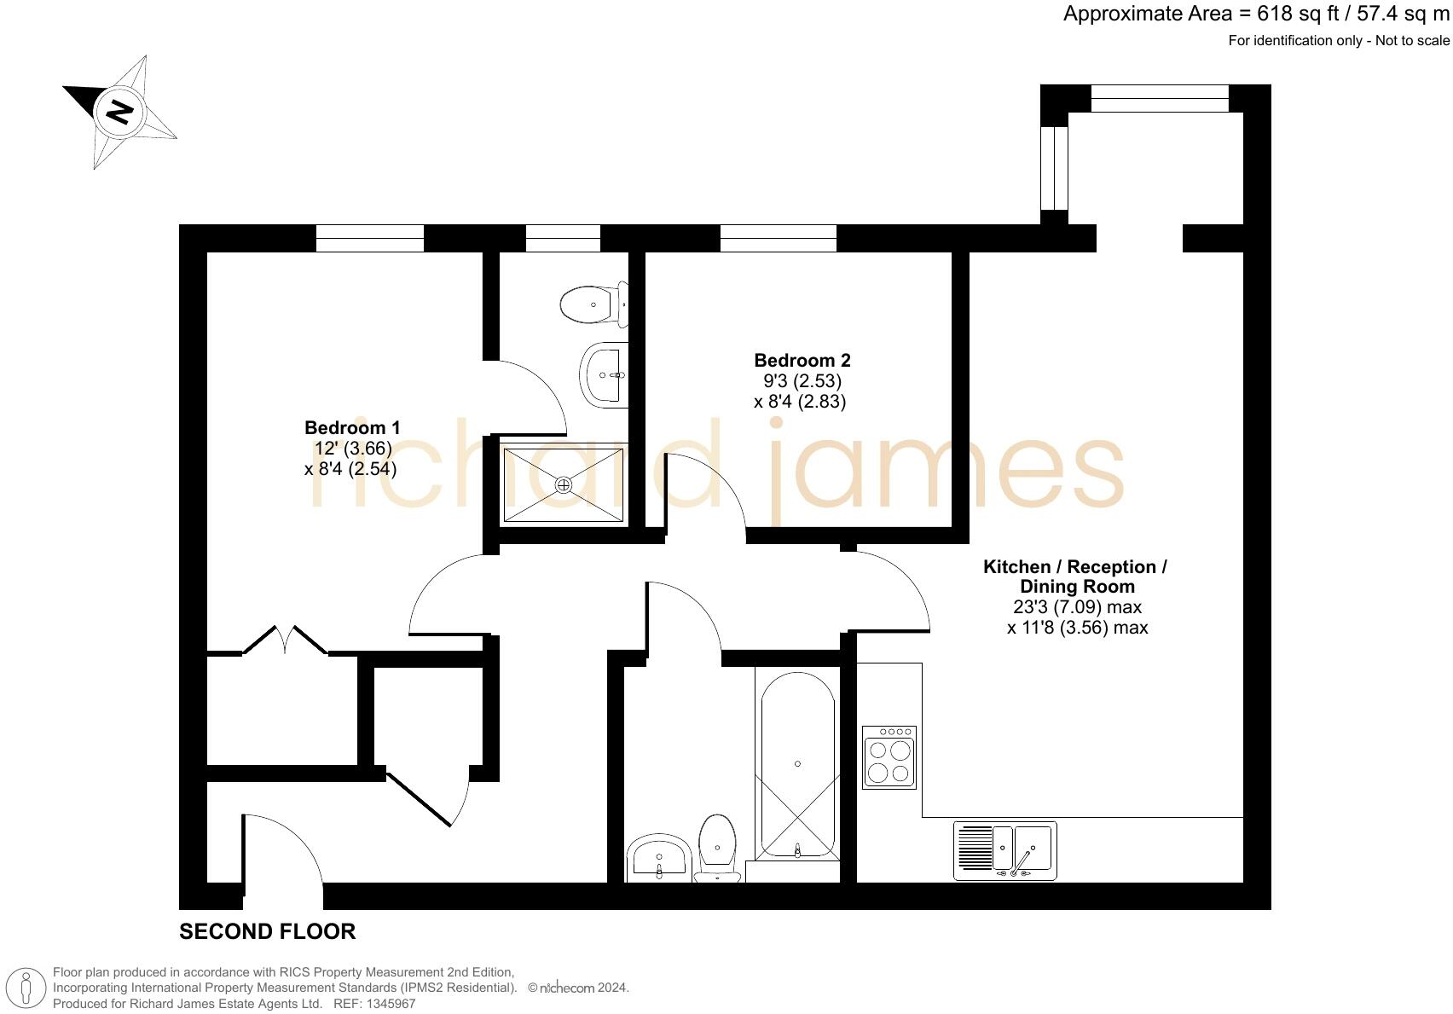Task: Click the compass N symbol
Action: point(119,112)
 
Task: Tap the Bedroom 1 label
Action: point(352,427)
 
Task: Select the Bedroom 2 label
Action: point(802,360)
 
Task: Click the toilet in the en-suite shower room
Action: point(592,304)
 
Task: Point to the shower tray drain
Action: point(564,484)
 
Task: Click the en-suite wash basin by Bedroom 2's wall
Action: point(604,374)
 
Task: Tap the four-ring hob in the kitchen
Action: point(889,757)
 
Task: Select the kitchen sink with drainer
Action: point(1004,850)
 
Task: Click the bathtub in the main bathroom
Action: point(797,764)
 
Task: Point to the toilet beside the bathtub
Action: point(717,848)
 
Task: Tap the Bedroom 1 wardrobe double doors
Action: point(285,641)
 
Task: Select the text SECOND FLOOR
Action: point(267,931)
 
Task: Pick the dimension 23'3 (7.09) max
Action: point(1077,607)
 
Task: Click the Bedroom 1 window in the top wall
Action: point(369,238)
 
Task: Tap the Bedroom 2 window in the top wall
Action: point(778,238)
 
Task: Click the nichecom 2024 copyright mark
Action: point(578,988)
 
